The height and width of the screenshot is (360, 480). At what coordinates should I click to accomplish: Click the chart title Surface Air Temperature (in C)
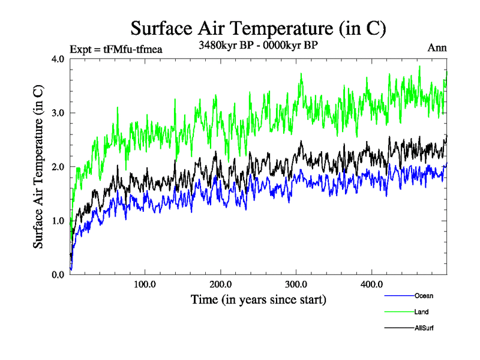coord(258,28)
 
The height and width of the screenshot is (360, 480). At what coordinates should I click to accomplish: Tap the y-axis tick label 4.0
coord(58,59)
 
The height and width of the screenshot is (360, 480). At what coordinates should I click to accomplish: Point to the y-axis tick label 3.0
coord(58,113)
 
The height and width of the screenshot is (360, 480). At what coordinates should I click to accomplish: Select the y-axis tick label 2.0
coord(58,167)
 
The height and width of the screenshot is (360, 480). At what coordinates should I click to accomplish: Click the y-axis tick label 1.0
coord(58,221)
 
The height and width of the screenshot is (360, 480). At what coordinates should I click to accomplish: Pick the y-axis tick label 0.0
coord(58,275)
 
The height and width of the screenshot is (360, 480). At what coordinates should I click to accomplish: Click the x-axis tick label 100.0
coord(145,284)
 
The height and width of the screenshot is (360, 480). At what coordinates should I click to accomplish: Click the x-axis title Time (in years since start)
coord(258,299)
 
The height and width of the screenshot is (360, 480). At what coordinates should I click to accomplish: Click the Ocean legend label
coord(423,296)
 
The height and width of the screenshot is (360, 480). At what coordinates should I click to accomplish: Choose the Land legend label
coord(421,312)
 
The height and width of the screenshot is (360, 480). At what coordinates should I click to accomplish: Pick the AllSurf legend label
coord(424,328)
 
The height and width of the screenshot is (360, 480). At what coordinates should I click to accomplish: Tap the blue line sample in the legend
coord(398,296)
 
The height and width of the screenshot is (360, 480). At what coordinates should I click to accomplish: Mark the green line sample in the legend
coord(398,312)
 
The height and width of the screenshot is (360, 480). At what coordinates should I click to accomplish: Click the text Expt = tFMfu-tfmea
coord(116,49)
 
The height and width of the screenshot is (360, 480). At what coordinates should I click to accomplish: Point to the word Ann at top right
coord(437,48)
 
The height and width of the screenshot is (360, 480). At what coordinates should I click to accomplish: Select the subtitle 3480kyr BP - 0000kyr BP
coord(258,44)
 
